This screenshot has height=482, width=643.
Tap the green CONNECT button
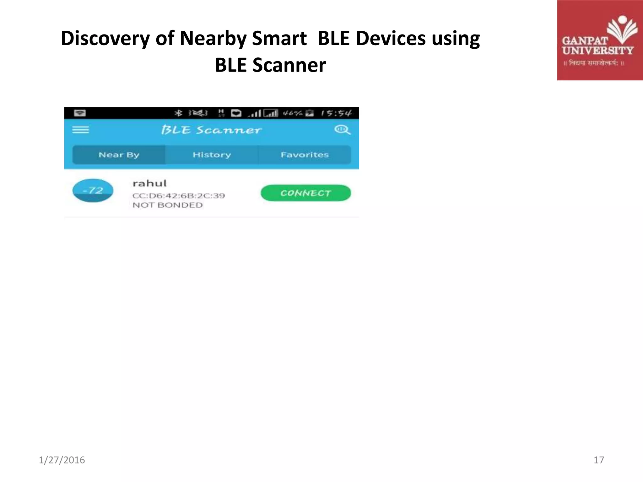[x=305, y=193]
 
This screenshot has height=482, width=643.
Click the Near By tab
[x=119, y=155]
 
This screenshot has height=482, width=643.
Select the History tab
[x=212, y=155]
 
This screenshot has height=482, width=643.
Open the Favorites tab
[x=304, y=155]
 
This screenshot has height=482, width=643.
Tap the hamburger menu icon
[x=81, y=130]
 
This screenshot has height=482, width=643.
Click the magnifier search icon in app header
[x=342, y=130]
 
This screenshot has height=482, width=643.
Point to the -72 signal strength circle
[x=93, y=190]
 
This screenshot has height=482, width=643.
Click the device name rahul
[x=149, y=183]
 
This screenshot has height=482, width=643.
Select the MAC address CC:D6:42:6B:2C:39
[x=179, y=196]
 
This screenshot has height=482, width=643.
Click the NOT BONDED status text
[x=168, y=205]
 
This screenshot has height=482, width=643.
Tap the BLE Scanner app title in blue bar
[x=211, y=130]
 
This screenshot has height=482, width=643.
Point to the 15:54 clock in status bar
[x=336, y=113]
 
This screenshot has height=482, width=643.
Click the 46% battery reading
[x=292, y=113]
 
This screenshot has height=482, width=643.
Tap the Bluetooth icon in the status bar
[x=178, y=113]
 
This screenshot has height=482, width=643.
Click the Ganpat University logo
[x=600, y=40]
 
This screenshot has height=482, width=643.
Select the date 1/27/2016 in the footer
[x=62, y=460]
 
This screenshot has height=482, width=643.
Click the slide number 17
[x=598, y=460]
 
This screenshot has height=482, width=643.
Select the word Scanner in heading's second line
[x=289, y=65]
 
